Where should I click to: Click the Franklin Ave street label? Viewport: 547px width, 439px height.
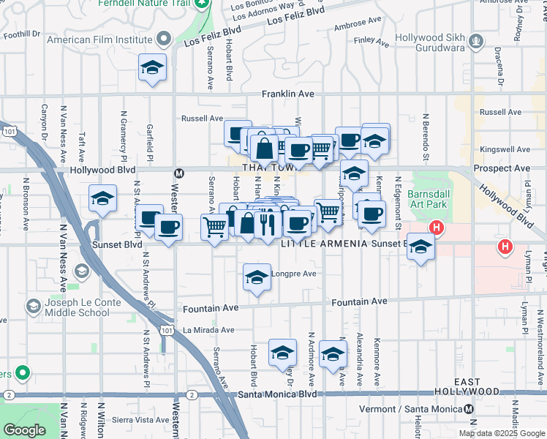pyautogui.click(x=288, y=94)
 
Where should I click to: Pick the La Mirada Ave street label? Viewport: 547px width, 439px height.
pyautogui.click(x=208, y=330)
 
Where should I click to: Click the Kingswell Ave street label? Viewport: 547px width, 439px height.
pyautogui.click(x=501, y=149)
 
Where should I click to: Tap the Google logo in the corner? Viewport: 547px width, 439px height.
pyautogui.click(x=24, y=430)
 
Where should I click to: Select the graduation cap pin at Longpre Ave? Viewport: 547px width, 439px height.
pyautogui.click(x=256, y=278)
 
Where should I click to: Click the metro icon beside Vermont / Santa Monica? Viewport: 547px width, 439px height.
pyautogui.click(x=468, y=409)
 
